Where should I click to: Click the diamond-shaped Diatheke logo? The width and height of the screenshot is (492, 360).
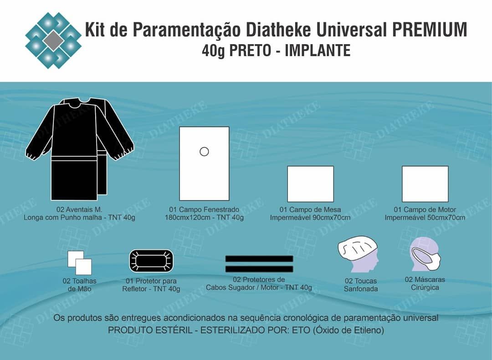53,41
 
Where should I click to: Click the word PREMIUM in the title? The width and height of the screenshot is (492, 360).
430,30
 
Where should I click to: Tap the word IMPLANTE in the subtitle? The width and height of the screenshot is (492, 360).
318,50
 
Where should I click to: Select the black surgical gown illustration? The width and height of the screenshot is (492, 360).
80,149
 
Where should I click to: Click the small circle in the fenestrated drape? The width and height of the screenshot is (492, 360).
204,152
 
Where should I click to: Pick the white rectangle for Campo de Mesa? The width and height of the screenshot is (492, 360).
311,184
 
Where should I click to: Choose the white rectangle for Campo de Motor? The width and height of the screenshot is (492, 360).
425,184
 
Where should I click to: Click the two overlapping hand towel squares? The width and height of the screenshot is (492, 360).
80,263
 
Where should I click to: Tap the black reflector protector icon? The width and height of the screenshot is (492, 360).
151,261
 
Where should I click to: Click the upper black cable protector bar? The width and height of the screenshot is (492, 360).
259,259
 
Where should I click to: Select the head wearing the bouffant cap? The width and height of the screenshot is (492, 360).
359,254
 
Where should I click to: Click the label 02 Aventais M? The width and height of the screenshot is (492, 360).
79,209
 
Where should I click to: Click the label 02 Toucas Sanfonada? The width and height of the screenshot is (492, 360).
361,285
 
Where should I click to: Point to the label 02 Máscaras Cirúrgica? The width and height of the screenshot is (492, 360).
425,284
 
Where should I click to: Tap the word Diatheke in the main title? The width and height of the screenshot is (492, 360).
278,30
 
